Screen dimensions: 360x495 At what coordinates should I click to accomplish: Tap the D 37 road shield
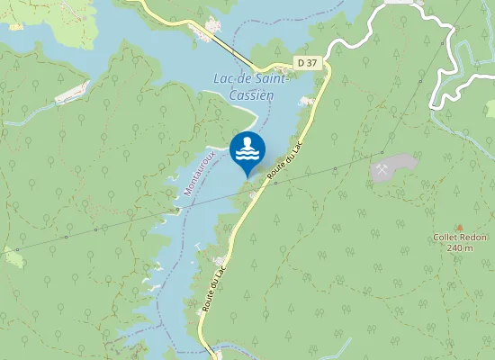tap(307, 62)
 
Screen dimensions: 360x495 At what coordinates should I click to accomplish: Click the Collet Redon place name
tap(460, 237)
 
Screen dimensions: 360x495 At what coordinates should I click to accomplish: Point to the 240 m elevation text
tap(460, 247)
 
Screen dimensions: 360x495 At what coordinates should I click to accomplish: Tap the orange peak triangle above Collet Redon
tap(460, 227)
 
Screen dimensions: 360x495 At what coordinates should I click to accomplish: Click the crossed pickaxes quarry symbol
tap(383, 168)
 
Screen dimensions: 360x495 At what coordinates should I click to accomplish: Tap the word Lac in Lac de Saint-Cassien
tap(224, 79)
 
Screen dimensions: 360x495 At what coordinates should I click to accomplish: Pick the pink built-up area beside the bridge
tap(215, 24)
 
